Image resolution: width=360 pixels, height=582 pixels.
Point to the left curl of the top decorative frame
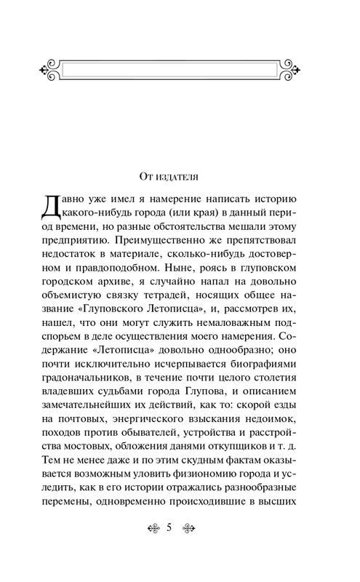click(x=45, y=71)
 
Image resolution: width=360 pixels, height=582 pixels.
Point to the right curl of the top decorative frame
click(x=313, y=71)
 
